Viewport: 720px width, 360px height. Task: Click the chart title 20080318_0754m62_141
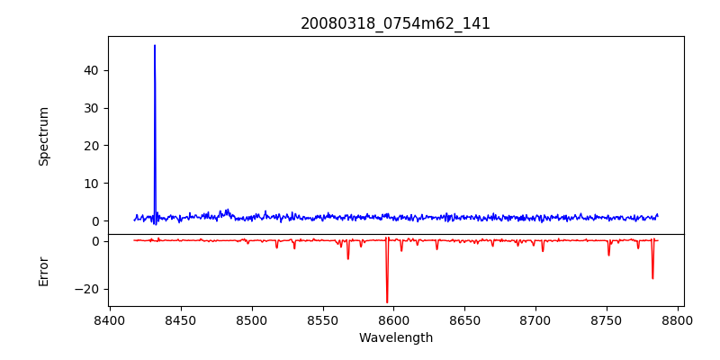coord(396,24)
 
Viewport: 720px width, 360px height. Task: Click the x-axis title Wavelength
coord(396,338)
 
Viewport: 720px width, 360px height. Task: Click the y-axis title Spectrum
coord(44,136)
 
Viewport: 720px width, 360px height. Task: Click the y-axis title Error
coord(44,271)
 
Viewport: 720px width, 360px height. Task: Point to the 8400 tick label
coord(110,319)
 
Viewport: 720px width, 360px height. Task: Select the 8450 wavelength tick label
coord(181,319)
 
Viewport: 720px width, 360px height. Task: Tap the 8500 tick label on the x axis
coord(252,319)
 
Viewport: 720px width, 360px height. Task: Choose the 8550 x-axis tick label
coord(323,319)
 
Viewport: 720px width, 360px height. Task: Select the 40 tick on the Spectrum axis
coord(91,70)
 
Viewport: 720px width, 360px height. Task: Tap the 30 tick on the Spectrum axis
coord(91,108)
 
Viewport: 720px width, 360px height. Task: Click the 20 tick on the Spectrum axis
coord(91,146)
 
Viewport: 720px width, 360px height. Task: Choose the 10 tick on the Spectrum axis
coord(91,184)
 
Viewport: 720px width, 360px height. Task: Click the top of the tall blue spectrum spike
coord(155,45)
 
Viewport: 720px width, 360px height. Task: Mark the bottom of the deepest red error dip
coord(387,302)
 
